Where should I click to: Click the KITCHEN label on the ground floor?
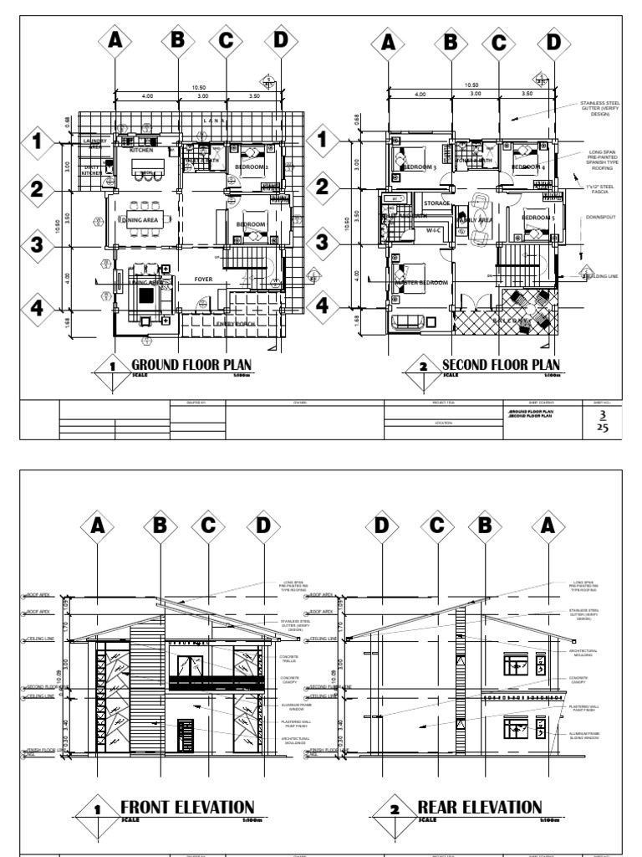(x=140, y=151)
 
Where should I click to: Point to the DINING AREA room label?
(x=140, y=220)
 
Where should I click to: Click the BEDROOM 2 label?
(x=251, y=167)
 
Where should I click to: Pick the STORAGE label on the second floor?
(x=436, y=203)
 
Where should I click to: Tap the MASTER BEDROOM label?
(x=422, y=283)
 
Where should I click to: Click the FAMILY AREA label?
(x=474, y=219)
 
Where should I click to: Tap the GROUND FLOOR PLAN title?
(x=191, y=364)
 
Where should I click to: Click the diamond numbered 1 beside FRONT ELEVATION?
(x=99, y=810)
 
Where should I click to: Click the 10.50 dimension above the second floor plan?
(x=471, y=85)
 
